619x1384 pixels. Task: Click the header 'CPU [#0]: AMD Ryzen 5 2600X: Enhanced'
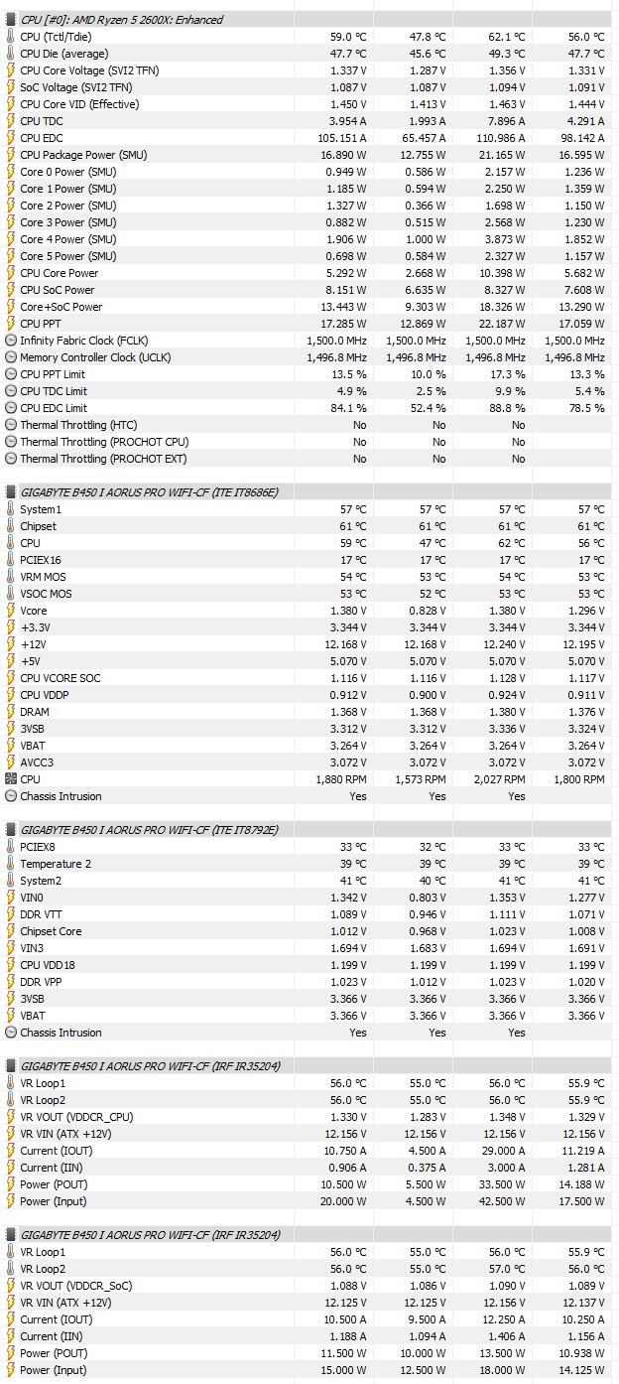pos(121,20)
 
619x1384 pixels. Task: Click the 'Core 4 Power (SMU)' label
pos(67,239)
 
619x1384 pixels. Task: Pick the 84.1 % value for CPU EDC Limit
pos(346,408)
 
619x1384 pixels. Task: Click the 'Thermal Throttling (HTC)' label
pos(78,425)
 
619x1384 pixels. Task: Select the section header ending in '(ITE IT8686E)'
pos(149,492)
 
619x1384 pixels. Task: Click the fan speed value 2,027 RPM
pos(501,779)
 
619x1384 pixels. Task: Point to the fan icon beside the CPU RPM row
pos(10,779)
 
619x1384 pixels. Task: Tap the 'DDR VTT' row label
pos(43,914)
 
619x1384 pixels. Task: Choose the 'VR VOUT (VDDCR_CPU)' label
pos(76,1117)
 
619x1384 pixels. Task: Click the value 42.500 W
pos(502,1201)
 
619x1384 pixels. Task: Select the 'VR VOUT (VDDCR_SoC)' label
pos(75,1286)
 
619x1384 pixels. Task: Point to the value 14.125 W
pos(581,1370)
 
